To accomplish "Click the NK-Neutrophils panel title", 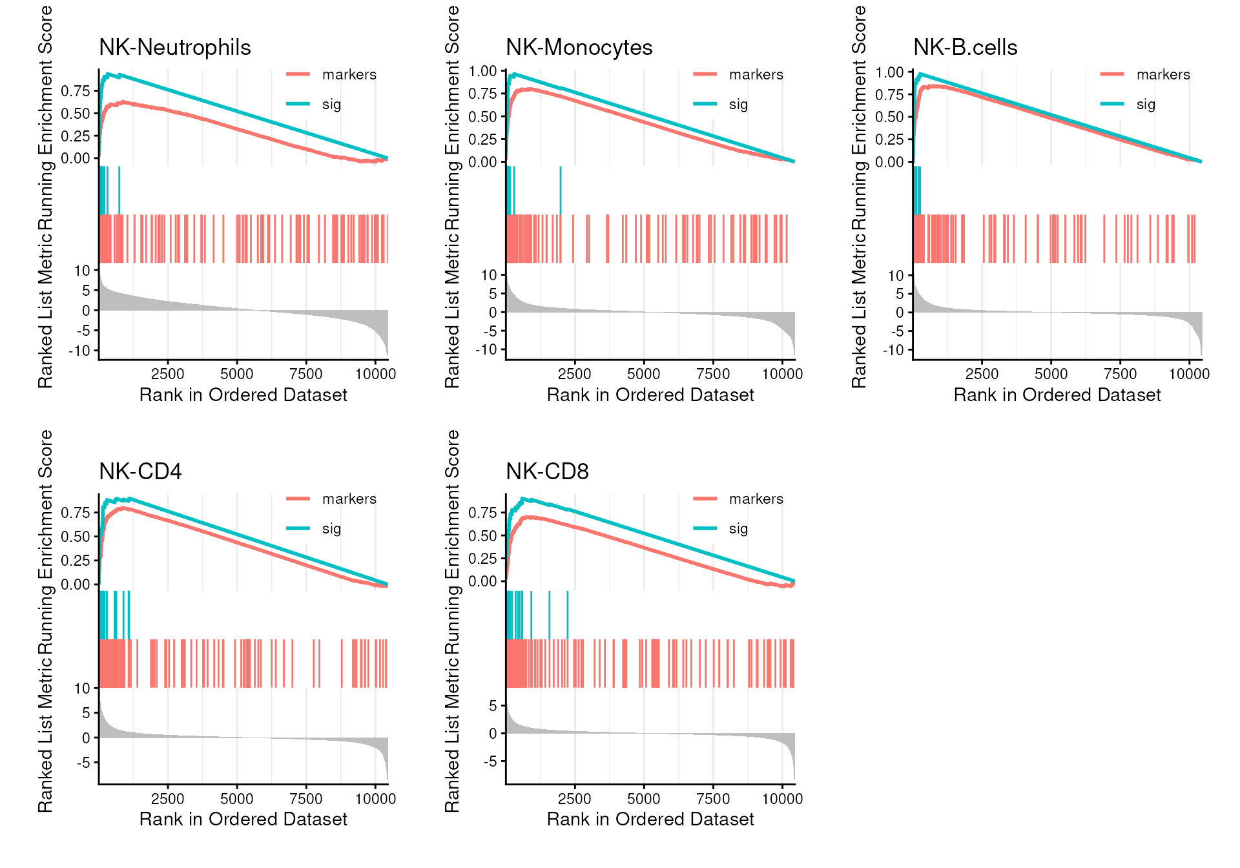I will (x=174, y=48).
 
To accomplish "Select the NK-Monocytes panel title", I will (x=579, y=48).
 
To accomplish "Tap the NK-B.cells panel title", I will (x=965, y=48).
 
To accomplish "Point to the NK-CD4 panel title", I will (x=140, y=472).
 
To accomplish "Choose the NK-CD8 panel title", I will (x=547, y=472).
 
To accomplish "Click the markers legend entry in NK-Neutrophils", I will (x=349, y=75).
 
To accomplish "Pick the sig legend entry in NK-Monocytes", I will (x=738, y=105).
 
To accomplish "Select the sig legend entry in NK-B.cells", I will (x=1145, y=105).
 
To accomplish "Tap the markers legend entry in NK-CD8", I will (x=756, y=499).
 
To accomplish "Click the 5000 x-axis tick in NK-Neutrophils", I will (x=236, y=374).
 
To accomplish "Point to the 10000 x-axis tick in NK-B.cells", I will (x=1189, y=374).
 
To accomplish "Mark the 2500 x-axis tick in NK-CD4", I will (x=167, y=799).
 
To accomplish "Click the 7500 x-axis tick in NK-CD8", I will (x=712, y=799).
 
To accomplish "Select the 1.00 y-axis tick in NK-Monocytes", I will (x=482, y=71).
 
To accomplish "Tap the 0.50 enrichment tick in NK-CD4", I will (x=75, y=537).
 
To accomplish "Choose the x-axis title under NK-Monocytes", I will (x=650, y=395).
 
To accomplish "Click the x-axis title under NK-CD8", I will (x=650, y=820).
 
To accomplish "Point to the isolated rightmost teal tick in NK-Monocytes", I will (x=560, y=191).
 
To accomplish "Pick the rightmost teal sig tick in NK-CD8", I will (x=567, y=615).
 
